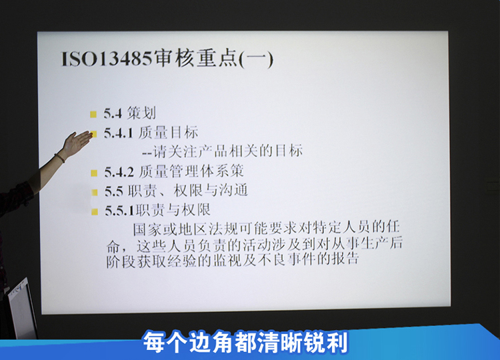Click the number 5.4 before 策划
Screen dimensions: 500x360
(x=113, y=113)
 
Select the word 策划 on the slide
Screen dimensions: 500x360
(x=141, y=113)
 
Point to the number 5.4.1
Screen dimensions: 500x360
(x=118, y=133)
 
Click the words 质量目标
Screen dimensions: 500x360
(x=169, y=132)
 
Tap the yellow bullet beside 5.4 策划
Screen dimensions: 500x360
(x=93, y=114)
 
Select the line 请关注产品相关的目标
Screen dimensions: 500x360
(x=228, y=151)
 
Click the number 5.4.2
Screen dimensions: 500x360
(x=119, y=173)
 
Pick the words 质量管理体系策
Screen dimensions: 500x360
(x=191, y=171)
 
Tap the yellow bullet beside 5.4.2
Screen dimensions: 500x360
(x=94, y=173)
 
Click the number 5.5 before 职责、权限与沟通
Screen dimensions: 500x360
(x=114, y=191)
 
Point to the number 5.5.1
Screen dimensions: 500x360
(x=120, y=211)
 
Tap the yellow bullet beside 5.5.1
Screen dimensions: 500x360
(x=95, y=212)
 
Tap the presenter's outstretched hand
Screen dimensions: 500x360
(x=76, y=143)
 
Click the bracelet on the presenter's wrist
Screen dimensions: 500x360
(x=59, y=158)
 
